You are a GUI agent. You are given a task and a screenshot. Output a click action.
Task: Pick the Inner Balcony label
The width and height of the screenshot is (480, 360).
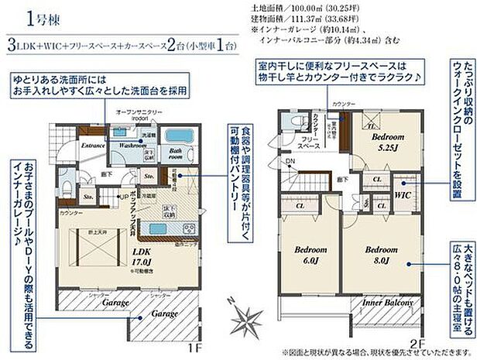389,303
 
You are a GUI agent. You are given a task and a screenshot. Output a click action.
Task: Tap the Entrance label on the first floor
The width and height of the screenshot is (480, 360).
92,145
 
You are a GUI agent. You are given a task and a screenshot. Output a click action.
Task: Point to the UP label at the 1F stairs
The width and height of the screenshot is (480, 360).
122,197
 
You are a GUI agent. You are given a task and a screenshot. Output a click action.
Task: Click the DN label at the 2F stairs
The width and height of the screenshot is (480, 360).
290,161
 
